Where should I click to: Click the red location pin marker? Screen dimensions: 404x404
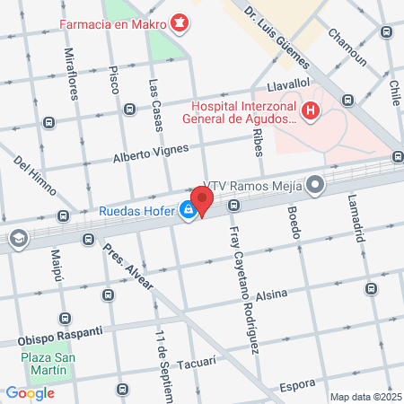coord(202,200)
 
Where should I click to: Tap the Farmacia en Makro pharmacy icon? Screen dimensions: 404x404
coord(180,21)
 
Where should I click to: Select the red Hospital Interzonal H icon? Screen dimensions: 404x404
coord(311,111)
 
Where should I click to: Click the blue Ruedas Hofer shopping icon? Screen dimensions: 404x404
coord(188,211)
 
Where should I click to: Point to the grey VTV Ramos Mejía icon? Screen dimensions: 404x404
coord(315,185)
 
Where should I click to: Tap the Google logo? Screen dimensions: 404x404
coord(31,392)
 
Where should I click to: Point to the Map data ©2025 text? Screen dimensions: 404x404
coord(364,396)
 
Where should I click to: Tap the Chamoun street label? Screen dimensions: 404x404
coord(347,47)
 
